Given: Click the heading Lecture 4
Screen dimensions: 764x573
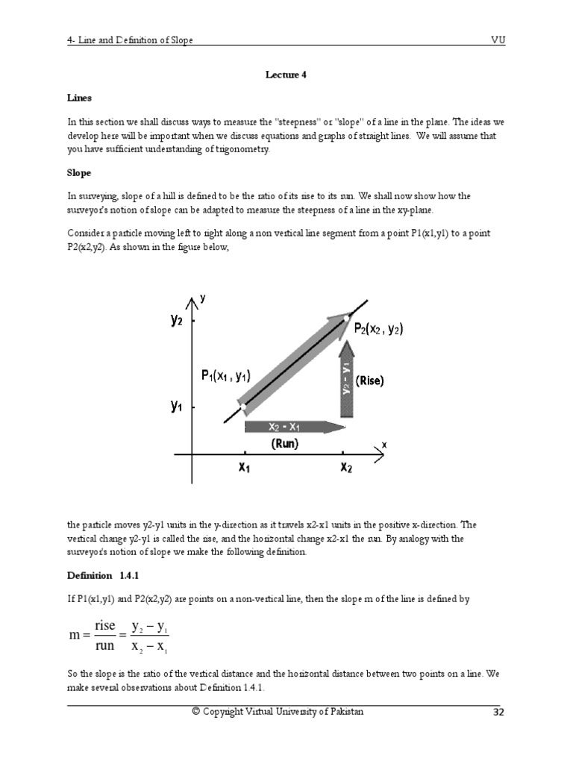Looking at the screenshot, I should tap(286, 75).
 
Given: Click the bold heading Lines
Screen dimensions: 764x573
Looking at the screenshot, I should tap(78, 98).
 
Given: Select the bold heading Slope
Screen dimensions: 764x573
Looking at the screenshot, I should tap(79, 173).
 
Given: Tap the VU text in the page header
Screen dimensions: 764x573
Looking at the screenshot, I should tap(498, 40).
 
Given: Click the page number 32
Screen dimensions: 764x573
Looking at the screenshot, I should tap(498, 713).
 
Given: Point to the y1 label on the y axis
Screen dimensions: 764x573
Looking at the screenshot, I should tap(177, 407).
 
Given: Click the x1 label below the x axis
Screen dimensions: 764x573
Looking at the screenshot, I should tap(245, 468).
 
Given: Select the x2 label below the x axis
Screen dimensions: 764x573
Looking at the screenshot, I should tap(347, 468).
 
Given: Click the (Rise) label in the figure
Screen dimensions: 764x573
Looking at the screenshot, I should tap(369, 381).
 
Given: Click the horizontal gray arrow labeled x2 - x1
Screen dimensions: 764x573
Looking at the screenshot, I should tap(295, 427).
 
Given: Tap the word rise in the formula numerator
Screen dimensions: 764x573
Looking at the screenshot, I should tap(104, 625).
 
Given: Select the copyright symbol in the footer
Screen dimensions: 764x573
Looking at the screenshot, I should tap(196, 712).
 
